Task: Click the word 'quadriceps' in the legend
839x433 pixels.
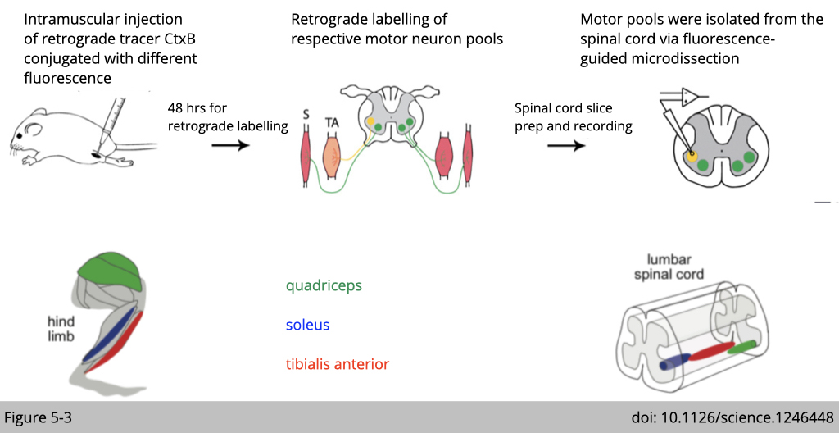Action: point(324,286)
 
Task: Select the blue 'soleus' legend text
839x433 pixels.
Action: point(307,325)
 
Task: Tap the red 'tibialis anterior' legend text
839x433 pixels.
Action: point(337,363)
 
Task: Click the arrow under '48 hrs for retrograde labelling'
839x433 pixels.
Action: point(229,145)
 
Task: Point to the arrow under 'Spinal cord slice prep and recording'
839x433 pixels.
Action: point(565,145)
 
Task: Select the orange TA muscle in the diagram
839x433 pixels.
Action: point(332,156)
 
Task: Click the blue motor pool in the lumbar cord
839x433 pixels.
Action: point(673,362)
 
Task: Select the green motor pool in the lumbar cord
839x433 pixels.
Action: point(742,348)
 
